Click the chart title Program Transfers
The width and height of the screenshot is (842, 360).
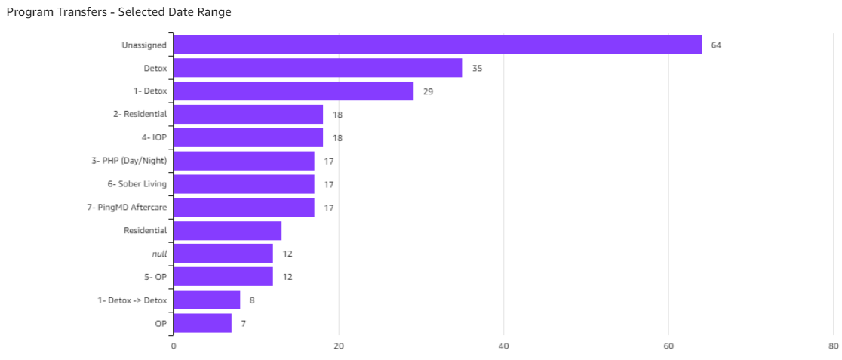(x=118, y=12)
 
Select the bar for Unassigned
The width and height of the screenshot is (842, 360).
(x=438, y=45)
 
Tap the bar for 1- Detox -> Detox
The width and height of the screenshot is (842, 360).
(x=207, y=300)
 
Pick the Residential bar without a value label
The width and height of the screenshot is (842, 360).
(x=227, y=230)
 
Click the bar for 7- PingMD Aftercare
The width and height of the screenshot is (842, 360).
(x=244, y=208)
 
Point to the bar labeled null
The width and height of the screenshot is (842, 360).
(x=223, y=254)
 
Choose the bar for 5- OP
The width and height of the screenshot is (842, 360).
(x=223, y=277)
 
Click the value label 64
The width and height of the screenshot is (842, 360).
(x=716, y=45)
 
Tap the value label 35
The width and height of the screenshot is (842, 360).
(x=477, y=69)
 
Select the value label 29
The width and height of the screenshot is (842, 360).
(x=428, y=92)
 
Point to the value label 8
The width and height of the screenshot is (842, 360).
(x=252, y=300)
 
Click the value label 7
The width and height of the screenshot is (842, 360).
(x=243, y=324)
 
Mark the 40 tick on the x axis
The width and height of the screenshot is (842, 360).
(x=504, y=346)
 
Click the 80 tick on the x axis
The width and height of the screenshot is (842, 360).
(x=833, y=346)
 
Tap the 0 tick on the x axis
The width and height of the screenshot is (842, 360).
(x=174, y=346)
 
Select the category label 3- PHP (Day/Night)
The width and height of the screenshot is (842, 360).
(x=128, y=161)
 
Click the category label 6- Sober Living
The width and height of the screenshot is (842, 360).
(x=137, y=184)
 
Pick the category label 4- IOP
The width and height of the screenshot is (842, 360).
(x=154, y=138)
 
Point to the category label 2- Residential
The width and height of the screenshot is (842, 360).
(x=140, y=115)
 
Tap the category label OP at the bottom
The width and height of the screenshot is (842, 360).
(x=161, y=324)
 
